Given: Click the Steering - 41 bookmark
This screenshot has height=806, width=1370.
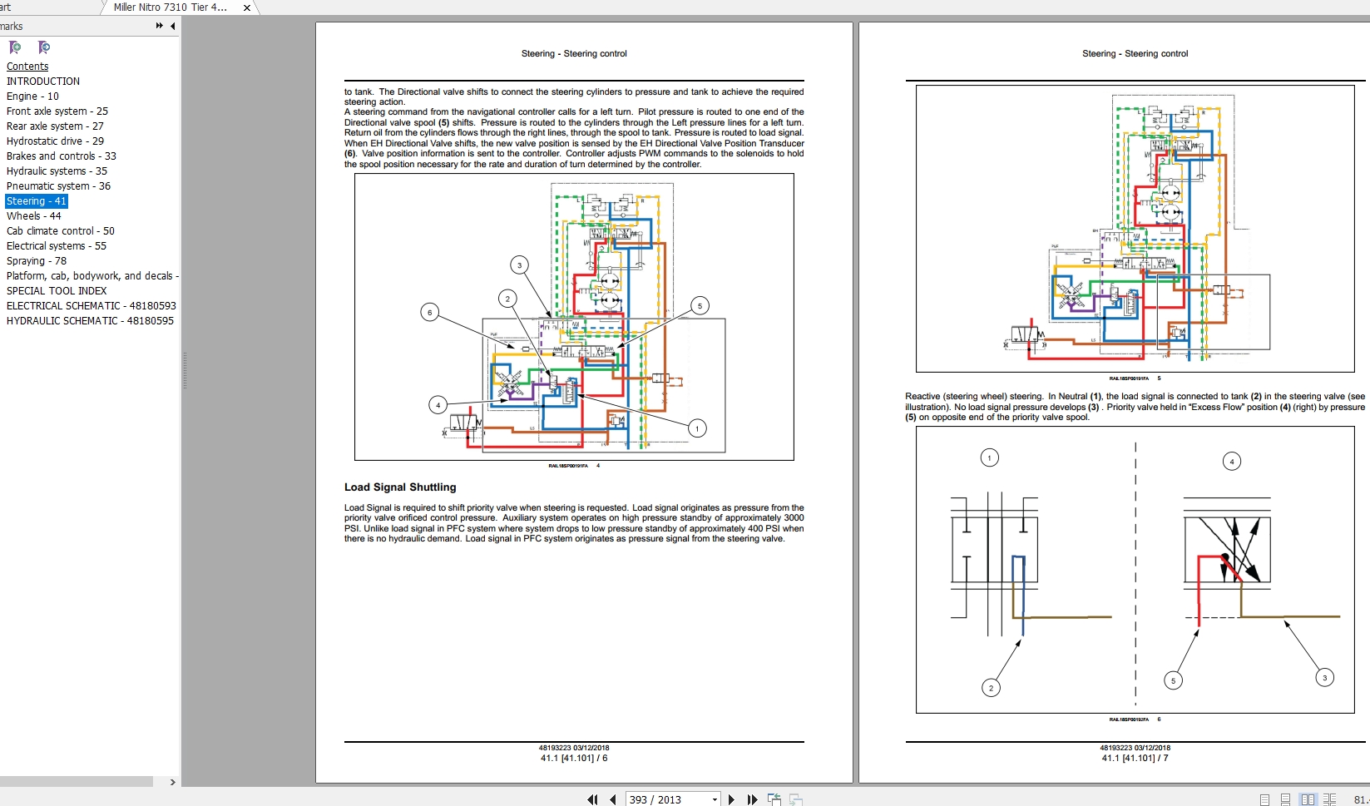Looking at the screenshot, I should point(36,201).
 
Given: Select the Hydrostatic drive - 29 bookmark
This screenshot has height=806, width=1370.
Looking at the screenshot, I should point(55,141).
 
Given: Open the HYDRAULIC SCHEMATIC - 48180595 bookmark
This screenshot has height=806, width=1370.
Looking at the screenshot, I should point(90,321).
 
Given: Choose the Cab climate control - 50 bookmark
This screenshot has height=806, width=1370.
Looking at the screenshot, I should point(60,231).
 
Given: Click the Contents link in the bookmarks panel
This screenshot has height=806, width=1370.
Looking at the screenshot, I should point(27,67).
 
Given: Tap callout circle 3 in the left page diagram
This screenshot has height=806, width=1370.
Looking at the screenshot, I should point(520,265).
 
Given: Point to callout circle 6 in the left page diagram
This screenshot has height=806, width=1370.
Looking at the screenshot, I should point(430,313).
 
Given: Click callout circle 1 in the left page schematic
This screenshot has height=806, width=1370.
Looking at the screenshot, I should point(697,428).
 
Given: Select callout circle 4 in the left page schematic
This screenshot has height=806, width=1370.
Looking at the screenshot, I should point(438,405).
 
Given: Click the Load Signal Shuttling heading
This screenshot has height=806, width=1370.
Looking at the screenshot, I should point(400,487).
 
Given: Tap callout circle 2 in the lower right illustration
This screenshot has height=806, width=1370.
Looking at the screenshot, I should point(991,688).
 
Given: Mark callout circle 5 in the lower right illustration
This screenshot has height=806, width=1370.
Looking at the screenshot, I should point(1174,680).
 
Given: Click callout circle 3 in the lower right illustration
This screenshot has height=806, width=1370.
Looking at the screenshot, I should point(1325,678).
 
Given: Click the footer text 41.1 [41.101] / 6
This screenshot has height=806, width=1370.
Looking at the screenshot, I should point(574,759).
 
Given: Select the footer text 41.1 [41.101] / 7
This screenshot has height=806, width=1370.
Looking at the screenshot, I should point(1135,759).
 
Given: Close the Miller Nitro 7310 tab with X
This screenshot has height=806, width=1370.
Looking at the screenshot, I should point(247,7).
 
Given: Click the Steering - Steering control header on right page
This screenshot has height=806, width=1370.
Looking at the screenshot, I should point(1135,53).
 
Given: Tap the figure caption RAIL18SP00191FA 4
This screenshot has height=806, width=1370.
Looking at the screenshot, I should point(573,466).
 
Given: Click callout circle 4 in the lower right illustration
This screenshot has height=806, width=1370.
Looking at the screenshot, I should point(1232,461).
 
